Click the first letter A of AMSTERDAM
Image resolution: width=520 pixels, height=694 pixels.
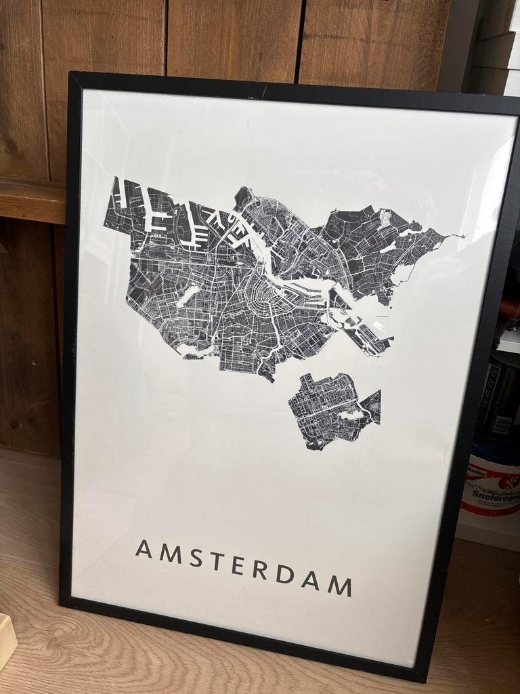[144, 548]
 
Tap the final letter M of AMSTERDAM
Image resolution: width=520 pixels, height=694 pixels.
[341, 585]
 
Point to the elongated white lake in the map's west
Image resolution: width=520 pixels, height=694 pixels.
[189, 295]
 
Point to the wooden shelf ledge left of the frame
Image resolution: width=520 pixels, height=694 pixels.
[31, 200]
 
